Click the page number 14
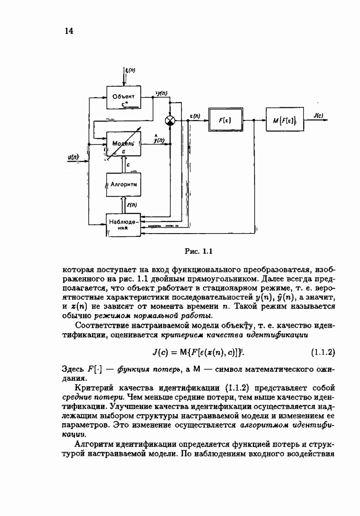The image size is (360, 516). (x=68, y=31)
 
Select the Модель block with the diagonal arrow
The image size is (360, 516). (x=123, y=144)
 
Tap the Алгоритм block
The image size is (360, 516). (x=124, y=185)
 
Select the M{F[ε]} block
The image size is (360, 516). (x=284, y=121)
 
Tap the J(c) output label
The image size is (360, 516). (x=318, y=115)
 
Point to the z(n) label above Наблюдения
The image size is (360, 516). (x=132, y=205)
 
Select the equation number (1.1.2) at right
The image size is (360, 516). (x=323, y=351)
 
